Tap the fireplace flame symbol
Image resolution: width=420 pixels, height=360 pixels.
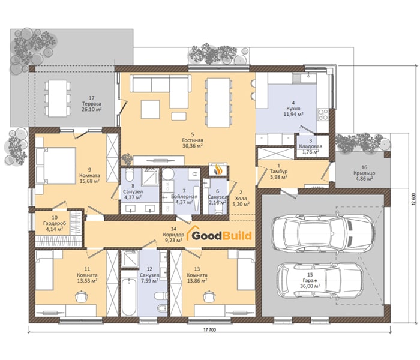click(x=218, y=170)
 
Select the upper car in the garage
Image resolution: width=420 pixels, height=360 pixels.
click(x=322, y=230)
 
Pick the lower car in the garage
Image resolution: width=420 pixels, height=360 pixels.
click(x=320, y=283)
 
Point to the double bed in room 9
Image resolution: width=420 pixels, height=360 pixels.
click(x=56, y=166)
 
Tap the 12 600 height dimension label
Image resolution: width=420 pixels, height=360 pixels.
click(x=415, y=199)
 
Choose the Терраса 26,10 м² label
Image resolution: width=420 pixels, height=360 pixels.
click(x=92, y=104)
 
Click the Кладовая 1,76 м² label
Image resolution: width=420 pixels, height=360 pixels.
click(x=310, y=146)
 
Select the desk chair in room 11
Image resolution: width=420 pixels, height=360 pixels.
click(x=81, y=296)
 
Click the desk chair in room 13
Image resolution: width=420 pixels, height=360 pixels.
click(x=209, y=296)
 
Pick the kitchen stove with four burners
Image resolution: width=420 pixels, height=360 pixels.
click(x=323, y=115)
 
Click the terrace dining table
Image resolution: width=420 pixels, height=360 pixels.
click(x=58, y=98)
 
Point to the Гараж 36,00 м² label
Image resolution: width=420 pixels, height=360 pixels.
click(x=310, y=280)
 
